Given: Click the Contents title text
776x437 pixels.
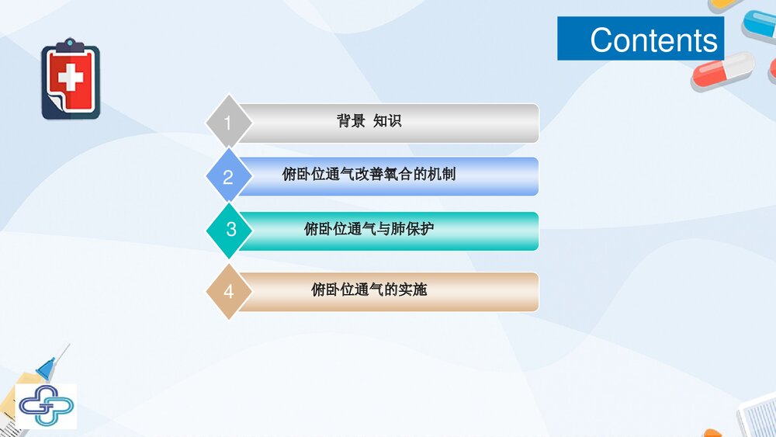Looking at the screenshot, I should (x=653, y=40).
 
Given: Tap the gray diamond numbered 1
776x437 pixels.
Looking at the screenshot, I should (x=228, y=123).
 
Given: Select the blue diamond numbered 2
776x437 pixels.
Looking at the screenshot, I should (x=228, y=177).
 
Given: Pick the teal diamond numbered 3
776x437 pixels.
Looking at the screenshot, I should (x=230, y=230).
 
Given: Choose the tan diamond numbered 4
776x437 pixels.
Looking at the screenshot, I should (x=228, y=291).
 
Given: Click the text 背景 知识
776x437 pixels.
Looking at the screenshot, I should (x=369, y=121).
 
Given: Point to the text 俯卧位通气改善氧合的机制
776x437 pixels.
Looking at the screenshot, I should (x=369, y=175).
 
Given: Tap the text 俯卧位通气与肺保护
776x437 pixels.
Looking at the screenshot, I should (x=369, y=229).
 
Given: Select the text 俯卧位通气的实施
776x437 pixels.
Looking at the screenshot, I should (x=369, y=290).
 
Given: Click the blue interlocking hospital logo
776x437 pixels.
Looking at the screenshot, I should (x=46, y=405).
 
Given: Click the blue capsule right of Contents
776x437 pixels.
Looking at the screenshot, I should (x=759, y=24).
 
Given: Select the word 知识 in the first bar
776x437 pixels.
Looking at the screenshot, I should (x=387, y=121).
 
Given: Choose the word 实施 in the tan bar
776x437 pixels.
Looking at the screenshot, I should (x=413, y=290).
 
